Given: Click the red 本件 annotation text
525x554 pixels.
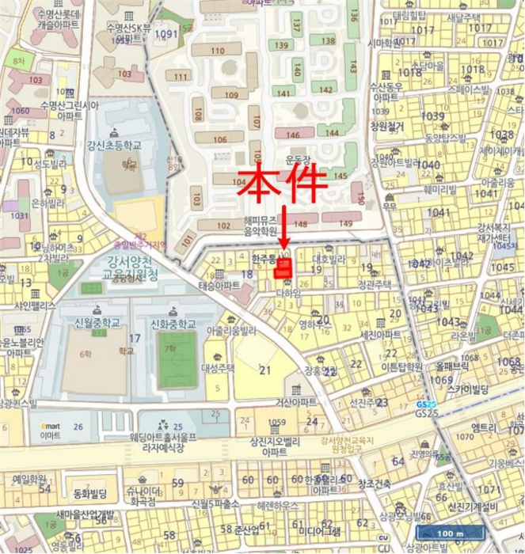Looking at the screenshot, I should (x=282, y=184).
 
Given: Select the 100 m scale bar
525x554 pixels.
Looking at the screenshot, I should (x=450, y=533).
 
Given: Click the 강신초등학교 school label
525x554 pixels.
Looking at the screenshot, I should (x=114, y=146).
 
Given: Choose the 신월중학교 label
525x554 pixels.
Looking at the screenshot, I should (x=93, y=323).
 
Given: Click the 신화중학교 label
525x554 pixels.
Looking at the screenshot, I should (x=173, y=324).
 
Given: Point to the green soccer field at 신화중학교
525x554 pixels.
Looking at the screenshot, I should (x=177, y=360).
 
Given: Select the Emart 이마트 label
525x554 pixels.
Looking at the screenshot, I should (x=50, y=431).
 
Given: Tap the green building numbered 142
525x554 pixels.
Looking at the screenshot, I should (x=325, y=89).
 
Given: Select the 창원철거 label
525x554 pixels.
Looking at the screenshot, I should (x=386, y=126).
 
